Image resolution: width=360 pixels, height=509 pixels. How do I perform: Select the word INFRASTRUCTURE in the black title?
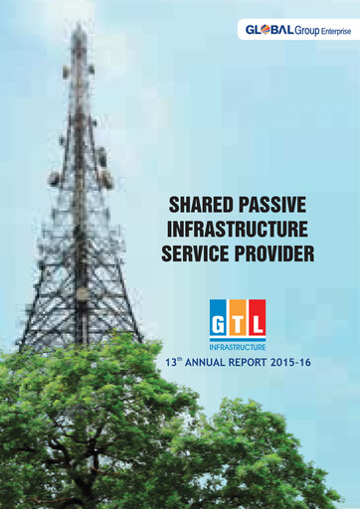pos(239,231)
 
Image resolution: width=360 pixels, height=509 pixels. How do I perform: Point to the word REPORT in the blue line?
pos(256,364)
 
